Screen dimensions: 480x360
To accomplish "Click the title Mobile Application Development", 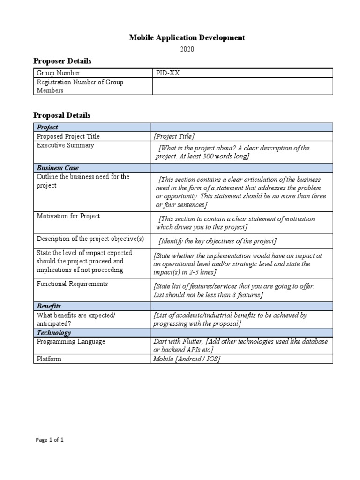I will (187, 38).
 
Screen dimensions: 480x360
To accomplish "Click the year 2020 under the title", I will (187, 49).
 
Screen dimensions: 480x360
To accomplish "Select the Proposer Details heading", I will (62, 61).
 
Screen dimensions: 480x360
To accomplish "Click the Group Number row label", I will (58, 73).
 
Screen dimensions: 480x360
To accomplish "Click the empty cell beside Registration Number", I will (242, 86).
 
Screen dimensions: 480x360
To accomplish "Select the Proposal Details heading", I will (62, 115).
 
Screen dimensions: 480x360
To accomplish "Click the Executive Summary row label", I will (65, 145).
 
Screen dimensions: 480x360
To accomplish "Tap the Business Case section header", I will (58, 168).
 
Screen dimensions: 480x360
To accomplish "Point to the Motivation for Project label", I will (68, 216).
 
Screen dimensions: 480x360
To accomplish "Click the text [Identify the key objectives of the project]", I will (217, 241).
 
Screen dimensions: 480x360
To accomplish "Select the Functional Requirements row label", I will (72, 284).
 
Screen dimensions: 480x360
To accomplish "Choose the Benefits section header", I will (49, 306).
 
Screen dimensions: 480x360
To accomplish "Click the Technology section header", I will (54, 333).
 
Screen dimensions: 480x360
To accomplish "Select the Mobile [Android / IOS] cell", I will (187, 359).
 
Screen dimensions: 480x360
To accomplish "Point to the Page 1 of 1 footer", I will (50, 440).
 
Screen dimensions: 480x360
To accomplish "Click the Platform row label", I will (49, 359).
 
